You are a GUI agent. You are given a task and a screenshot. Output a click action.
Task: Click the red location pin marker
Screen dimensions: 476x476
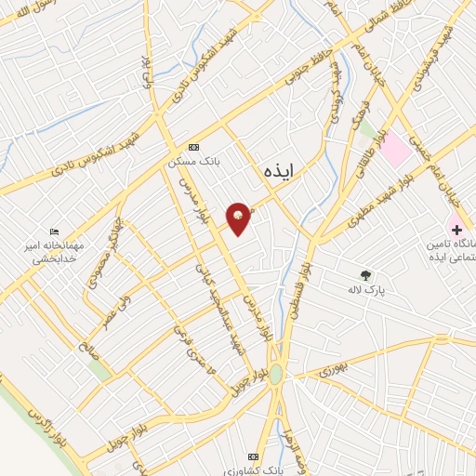pyautogui.click(x=239, y=218)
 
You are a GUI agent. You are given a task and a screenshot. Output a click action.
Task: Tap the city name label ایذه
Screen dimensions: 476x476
pyautogui.click(x=277, y=169)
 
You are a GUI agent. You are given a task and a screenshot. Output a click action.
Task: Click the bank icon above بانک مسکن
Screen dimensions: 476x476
pyautogui.click(x=193, y=147)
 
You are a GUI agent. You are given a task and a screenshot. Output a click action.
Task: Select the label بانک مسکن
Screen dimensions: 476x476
pyautogui.click(x=193, y=161)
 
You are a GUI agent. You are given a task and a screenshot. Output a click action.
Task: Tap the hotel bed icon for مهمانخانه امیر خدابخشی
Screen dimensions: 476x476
pyautogui.click(x=55, y=231)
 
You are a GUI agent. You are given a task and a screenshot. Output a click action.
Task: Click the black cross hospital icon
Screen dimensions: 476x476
pyautogui.click(x=456, y=228)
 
